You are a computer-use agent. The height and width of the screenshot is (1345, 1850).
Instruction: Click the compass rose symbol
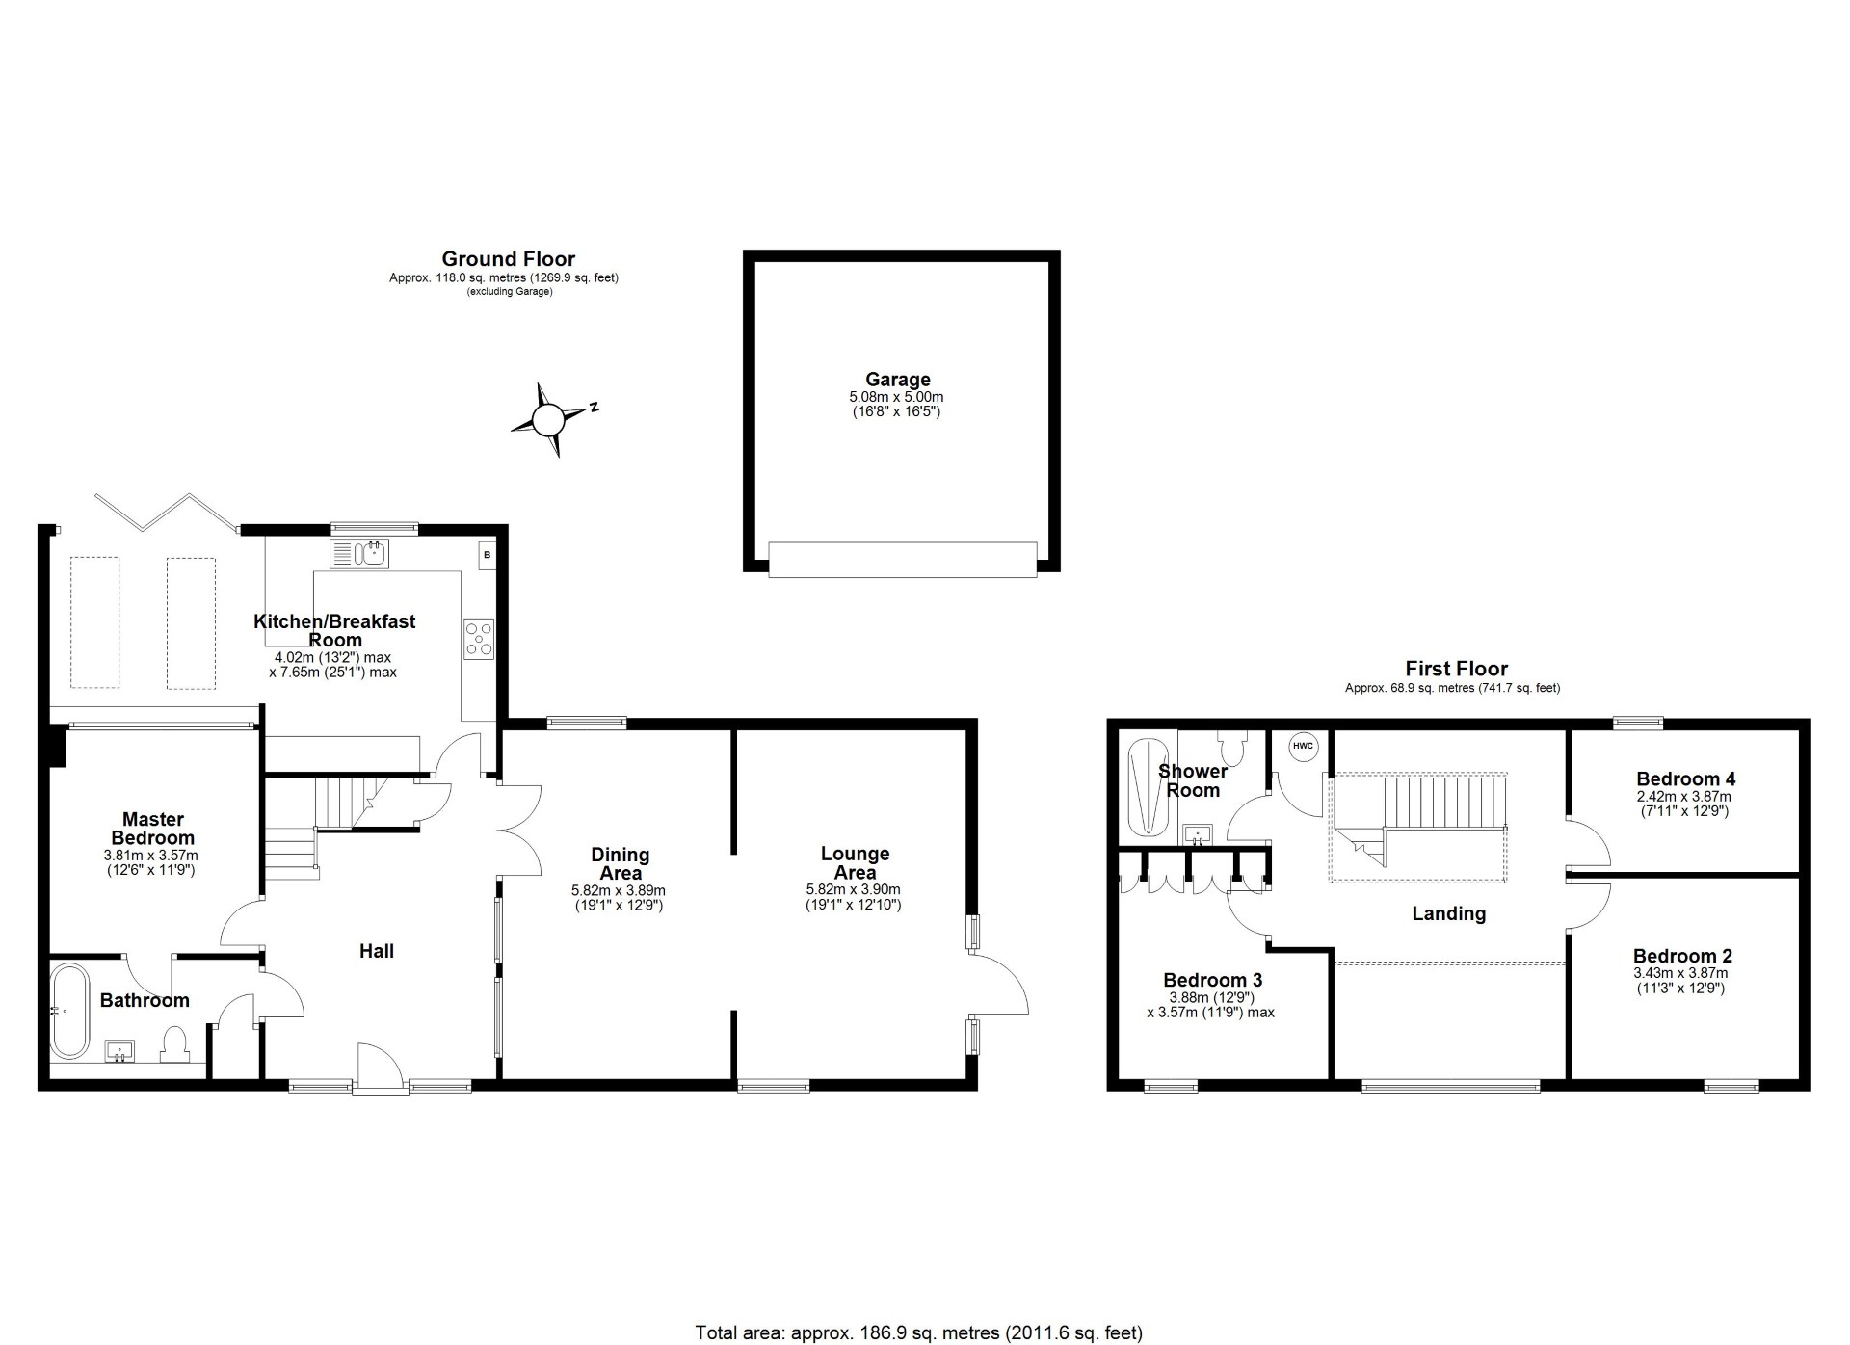pos(547,420)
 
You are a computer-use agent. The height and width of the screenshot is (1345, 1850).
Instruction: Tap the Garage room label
pos(897,380)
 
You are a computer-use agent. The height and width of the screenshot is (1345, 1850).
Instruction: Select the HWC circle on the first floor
pos(1302,746)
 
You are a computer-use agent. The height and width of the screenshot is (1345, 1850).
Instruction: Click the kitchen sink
pos(358,554)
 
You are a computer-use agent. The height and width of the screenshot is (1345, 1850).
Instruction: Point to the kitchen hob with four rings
pos(479,638)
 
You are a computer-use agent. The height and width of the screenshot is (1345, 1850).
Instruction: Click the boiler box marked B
pos(488,555)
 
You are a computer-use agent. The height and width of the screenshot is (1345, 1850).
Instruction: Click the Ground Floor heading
pos(508,259)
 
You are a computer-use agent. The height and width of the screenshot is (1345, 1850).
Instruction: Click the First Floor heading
pos(1456,669)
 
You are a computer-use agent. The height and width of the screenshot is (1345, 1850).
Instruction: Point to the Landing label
pos(1448,913)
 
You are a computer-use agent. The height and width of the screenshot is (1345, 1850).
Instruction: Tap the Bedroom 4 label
pos(1685,778)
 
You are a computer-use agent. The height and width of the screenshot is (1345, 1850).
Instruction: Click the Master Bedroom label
pos(152,829)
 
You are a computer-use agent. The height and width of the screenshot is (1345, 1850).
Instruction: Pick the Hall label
pos(377,951)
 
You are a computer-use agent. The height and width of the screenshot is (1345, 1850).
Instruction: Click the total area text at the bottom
pos(918,1333)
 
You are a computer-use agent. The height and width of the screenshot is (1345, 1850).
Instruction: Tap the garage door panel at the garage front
pos(902,560)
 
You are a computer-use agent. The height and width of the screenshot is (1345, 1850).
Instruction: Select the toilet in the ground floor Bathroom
pos(174,1044)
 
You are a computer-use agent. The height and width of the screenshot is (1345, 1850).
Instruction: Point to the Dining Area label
pos(620,863)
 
